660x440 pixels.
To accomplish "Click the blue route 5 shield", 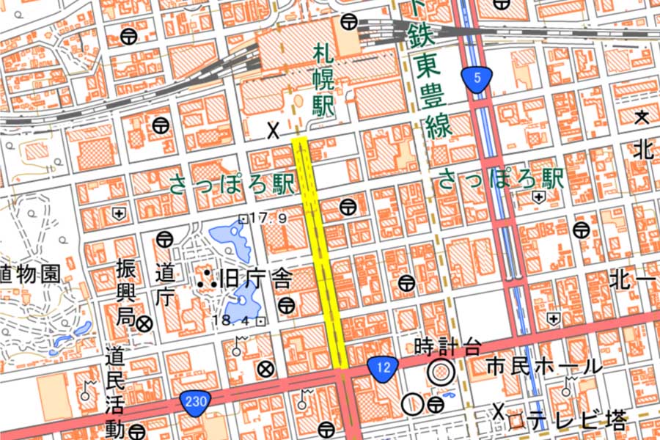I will pyautogui.click(x=476, y=78).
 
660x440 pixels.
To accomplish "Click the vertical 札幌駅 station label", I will pyautogui.click(x=323, y=81).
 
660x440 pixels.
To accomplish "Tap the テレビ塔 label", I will pyautogui.click(x=579, y=420).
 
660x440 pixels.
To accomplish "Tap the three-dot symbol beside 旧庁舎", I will pyautogui.click(x=206, y=278).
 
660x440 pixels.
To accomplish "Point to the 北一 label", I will pyautogui.click(x=631, y=279).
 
